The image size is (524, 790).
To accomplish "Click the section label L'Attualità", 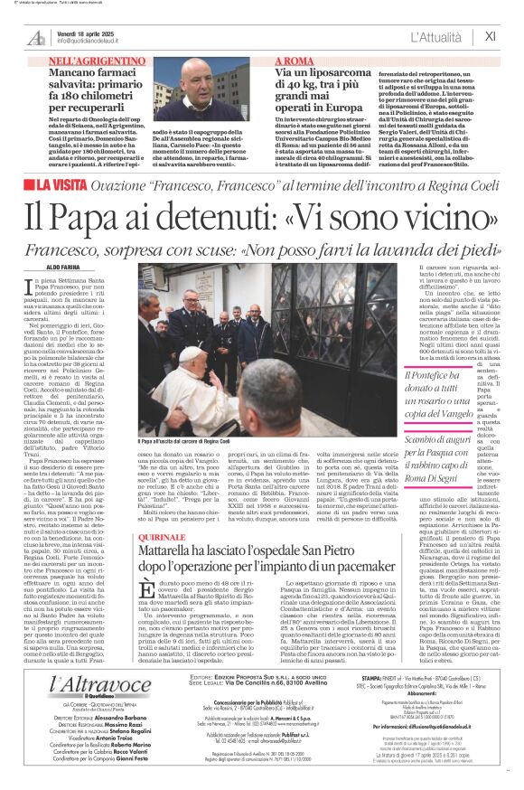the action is (x=442, y=37).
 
